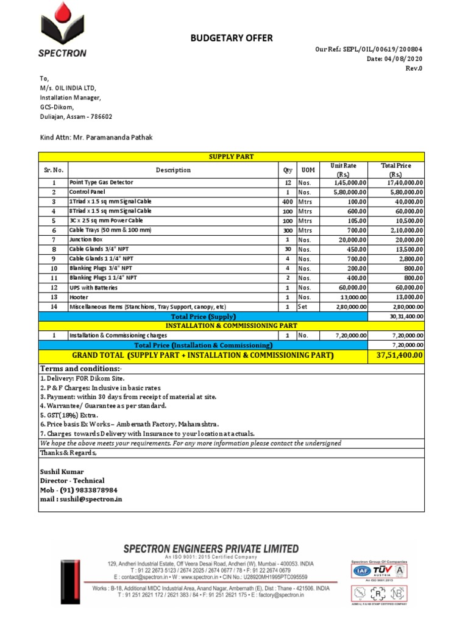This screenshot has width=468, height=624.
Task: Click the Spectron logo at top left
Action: pos(63,30)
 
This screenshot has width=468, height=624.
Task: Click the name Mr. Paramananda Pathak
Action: pos(113,138)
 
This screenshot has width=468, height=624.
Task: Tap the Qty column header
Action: pos(288,171)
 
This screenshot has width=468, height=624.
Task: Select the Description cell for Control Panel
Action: pos(87,192)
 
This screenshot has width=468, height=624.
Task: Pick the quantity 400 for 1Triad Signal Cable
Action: pos(288,201)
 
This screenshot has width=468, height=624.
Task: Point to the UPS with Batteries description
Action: pos(94,288)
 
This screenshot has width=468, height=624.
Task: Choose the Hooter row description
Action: pos(79,297)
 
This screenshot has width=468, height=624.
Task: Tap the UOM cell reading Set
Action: pos(303,307)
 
